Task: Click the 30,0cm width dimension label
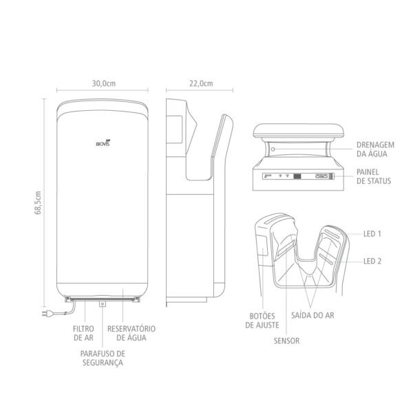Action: pyautogui.click(x=103, y=83)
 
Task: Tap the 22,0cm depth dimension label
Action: pyautogui.click(x=201, y=83)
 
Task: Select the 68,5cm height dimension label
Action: pyautogui.click(x=38, y=202)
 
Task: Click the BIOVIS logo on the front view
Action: pyautogui.click(x=103, y=143)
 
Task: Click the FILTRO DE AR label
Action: pyautogui.click(x=83, y=333)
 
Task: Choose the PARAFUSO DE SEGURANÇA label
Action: pyautogui.click(x=103, y=358)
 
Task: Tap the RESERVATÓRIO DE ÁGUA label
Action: pyautogui.click(x=131, y=333)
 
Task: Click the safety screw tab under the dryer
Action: pyautogui.click(x=103, y=304)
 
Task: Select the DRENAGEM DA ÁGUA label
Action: pyautogui.click(x=375, y=149)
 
